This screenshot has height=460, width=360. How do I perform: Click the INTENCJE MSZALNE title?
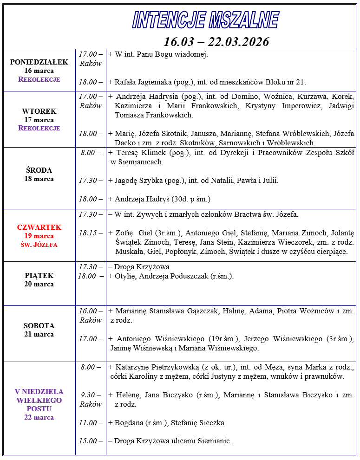[205, 20]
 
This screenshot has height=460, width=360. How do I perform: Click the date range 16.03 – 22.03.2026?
[216, 42]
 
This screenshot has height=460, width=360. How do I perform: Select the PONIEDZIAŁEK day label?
[39, 62]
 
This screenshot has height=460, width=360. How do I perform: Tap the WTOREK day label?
[39, 111]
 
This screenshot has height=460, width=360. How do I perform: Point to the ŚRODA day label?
[39, 170]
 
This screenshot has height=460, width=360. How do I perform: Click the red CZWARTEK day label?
[39, 227]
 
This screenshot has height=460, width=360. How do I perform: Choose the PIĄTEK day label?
[39, 276]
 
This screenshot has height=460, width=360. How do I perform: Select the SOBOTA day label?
[39, 326]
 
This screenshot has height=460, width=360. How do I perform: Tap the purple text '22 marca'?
[39, 417]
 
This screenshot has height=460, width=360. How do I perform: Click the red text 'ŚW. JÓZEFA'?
[39, 245]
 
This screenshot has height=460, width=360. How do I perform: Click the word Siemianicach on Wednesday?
[141, 162]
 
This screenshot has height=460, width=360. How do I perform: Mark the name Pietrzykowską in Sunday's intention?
[178, 367]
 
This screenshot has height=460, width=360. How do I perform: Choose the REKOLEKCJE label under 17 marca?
[39, 128]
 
